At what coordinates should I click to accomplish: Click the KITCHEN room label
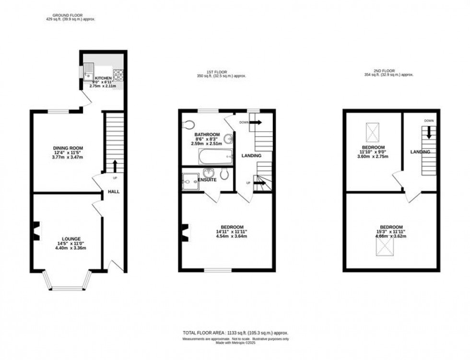103,78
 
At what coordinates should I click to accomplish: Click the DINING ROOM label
68,148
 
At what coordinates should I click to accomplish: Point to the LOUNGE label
70,239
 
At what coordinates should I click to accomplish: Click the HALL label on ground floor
114,192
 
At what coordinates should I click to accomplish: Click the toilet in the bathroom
188,125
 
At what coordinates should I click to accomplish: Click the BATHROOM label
206,134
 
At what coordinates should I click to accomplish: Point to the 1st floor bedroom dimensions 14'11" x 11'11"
232,232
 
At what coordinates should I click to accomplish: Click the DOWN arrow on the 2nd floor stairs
429,133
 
